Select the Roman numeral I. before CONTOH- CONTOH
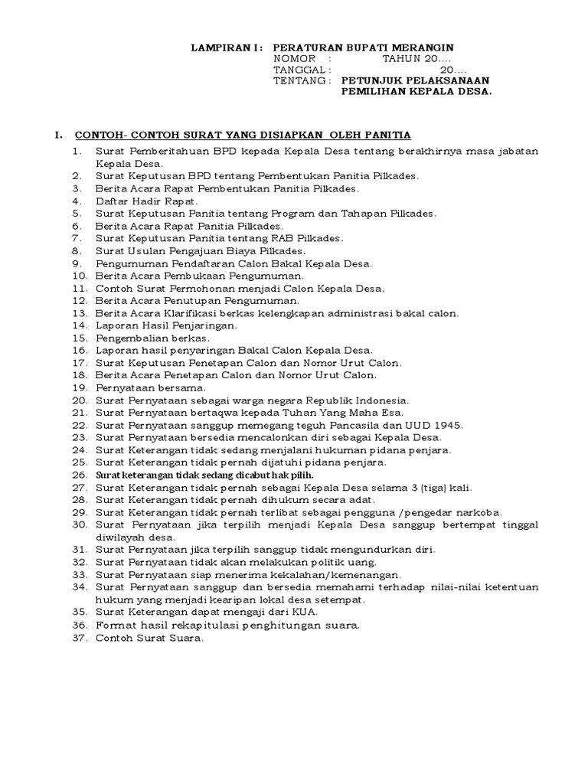(x=58, y=136)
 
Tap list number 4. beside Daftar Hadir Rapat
(x=77, y=201)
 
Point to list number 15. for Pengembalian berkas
(x=80, y=338)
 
